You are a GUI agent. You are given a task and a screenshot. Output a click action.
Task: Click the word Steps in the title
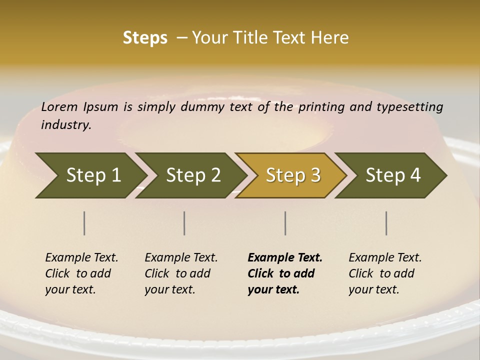coord(145,38)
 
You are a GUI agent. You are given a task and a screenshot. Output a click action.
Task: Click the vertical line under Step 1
coord(84,223)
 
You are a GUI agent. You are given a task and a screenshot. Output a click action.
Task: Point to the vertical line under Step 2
coord(184,223)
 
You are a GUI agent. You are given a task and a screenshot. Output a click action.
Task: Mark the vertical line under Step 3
coord(285,223)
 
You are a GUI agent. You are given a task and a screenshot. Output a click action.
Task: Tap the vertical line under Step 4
coord(386,223)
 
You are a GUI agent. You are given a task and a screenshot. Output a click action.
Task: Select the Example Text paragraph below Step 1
coord(81,273)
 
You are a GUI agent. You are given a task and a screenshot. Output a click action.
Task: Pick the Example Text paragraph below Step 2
coord(180,273)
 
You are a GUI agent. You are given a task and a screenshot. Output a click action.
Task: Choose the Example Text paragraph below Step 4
coord(384,273)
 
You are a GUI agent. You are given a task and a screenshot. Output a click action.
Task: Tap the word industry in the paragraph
coord(66,125)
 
